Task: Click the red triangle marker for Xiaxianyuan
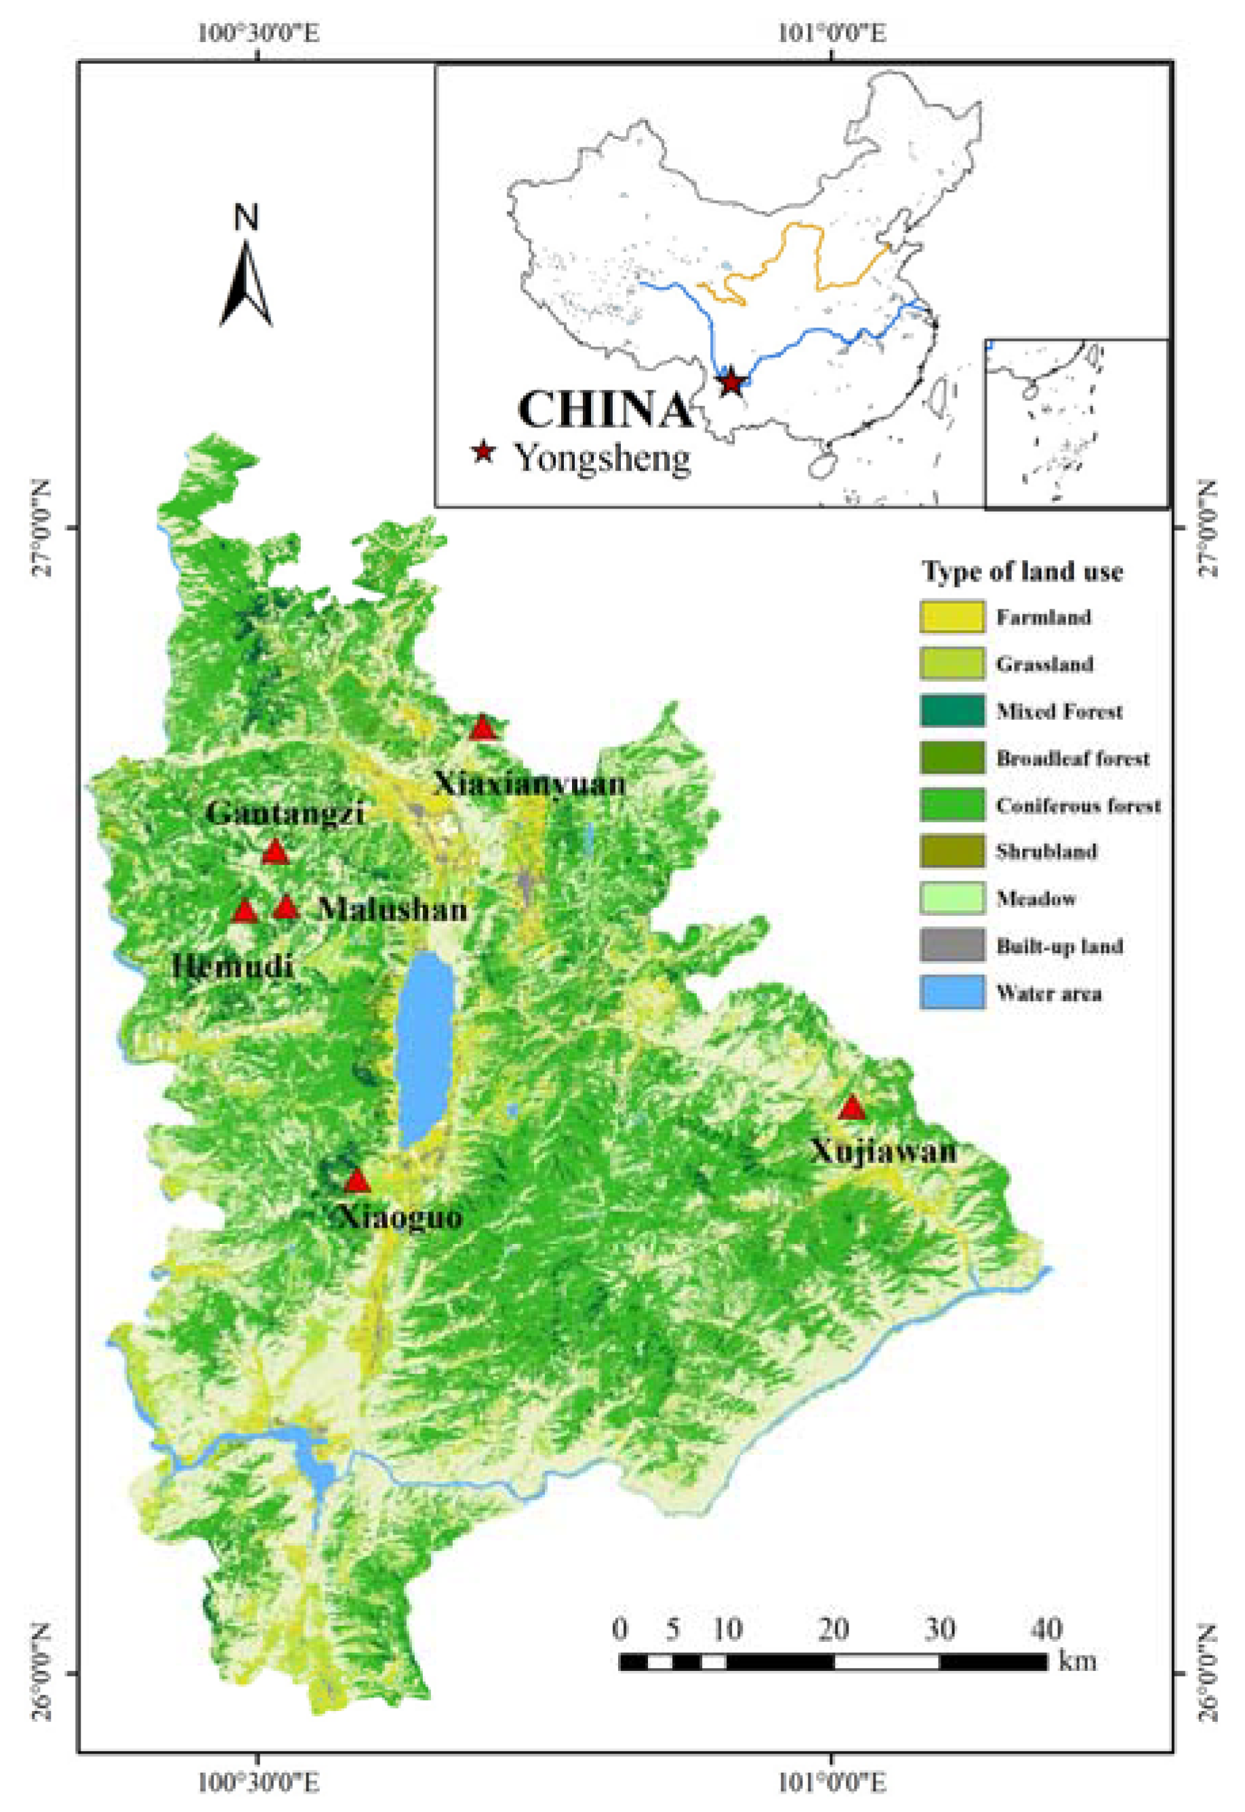coord(483,728)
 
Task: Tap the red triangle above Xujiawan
coord(851,1108)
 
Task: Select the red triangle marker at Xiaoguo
coord(356,1181)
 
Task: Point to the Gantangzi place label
coord(285,813)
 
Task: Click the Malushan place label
coord(393,910)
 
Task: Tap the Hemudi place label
coord(232,967)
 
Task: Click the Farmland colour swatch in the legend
coord(951,617)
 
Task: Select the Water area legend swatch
coord(951,993)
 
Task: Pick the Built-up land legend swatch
coord(951,946)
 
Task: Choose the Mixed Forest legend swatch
coord(951,710)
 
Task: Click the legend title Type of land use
coord(1022,571)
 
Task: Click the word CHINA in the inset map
coord(605,409)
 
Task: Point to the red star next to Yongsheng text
coord(484,451)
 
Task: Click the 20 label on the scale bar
coord(833,1629)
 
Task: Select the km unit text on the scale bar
coord(1078,1661)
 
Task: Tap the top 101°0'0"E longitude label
coord(832,33)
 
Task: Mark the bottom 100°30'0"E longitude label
coord(258,1779)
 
